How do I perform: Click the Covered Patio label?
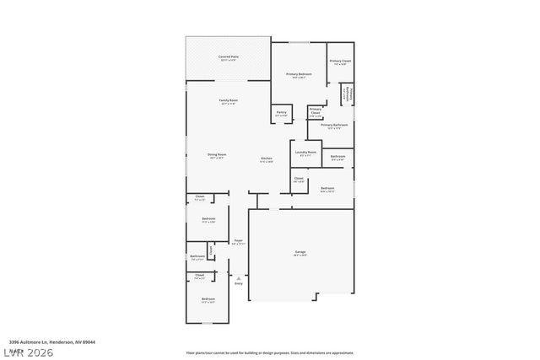(229, 57)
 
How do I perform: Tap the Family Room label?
(229, 100)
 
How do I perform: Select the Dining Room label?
(217, 154)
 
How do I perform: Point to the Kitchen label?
(266, 159)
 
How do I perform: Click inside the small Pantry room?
(281, 113)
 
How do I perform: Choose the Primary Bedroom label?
(299, 74)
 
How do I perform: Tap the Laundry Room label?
(305, 153)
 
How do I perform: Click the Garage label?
(300, 252)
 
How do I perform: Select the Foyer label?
(239, 240)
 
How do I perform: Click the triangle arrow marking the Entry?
(239, 277)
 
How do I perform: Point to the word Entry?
(239, 283)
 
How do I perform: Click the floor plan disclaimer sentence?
(269, 352)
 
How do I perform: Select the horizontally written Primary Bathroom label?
(334, 125)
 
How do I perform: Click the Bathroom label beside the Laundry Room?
(337, 157)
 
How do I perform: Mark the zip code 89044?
(89, 342)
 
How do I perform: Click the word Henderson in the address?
(60, 342)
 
